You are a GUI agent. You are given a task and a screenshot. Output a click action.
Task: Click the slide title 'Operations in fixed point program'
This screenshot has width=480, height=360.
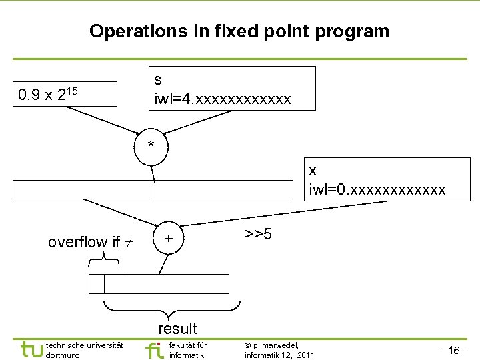pyautogui.click(x=239, y=31)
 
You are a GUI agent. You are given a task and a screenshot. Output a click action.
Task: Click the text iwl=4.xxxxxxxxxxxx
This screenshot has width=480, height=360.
pyautogui.click(x=223, y=99)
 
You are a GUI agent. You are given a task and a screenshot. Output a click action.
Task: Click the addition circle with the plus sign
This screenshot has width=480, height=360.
pyautogui.click(x=169, y=239)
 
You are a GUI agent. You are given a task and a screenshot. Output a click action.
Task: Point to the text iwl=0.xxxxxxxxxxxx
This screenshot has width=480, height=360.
pyautogui.click(x=377, y=190)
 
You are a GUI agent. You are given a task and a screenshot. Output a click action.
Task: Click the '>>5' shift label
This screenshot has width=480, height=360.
pyautogui.click(x=257, y=235)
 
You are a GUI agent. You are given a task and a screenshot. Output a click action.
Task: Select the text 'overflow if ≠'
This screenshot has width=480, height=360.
pyautogui.click(x=90, y=242)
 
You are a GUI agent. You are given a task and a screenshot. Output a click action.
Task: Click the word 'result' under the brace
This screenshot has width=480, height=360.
pyautogui.click(x=177, y=328)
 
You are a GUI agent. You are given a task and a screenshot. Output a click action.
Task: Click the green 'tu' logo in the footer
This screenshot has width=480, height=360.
pyautogui.click(x=31, y=349)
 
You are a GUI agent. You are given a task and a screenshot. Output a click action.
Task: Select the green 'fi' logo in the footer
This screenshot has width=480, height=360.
pyautogui.click(x=154, y=349)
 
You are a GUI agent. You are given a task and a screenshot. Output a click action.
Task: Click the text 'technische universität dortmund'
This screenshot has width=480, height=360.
pyautogui.click(x=84, y=350)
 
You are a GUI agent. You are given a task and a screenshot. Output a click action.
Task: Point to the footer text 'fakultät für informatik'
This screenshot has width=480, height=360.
pyautogui.click(x=188, y=350)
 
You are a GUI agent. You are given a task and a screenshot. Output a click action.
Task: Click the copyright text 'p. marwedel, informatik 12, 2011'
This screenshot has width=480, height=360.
pyautogui.click(x=279, y=350)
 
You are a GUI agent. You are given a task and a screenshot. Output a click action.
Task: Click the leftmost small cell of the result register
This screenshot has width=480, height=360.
pyautogui.click(x=97, y=284)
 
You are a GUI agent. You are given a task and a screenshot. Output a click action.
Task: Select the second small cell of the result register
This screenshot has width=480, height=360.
pyautogui.click(x=114, y=284)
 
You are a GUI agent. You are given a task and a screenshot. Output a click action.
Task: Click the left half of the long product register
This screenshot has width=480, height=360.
pyautogui.click(x=83, y=190)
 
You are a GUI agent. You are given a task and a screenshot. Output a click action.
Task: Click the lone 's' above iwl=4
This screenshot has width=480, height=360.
pyautogui.click(x=158, y=80)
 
